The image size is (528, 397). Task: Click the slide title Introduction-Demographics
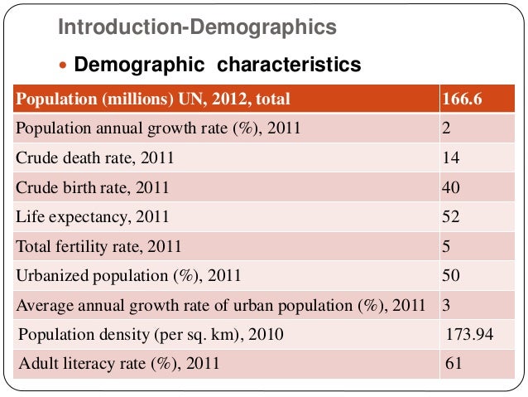click(x=196, y=28)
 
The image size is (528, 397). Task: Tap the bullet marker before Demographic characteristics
click(x=65, y=65)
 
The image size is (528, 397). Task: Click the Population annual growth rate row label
click(x=158, y=129)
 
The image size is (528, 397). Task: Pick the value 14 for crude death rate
click(x=451, y=158)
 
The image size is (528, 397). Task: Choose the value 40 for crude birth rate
click(x=451, y=188)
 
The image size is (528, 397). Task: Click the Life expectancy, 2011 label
click(x=93, y=217)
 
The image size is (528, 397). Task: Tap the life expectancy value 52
click(x=451, y=217)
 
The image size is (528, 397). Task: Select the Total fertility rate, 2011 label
click(x=98, y=246)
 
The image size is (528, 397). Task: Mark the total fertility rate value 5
click(x=447, y=246)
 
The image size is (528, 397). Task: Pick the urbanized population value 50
click(x=451, y=275)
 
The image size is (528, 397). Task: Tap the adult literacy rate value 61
click(x=454, y=363)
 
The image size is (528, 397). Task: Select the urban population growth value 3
click(x=446, y=304)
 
